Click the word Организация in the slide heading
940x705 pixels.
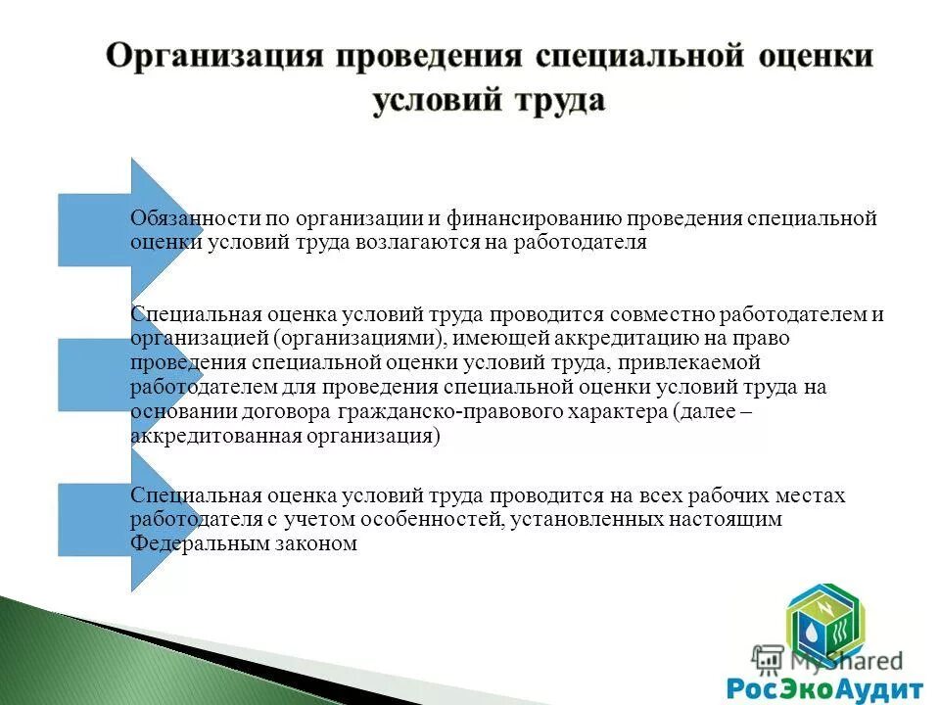point(212,55)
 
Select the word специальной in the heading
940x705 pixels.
point(635,55)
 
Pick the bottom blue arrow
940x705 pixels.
point(108,519)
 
